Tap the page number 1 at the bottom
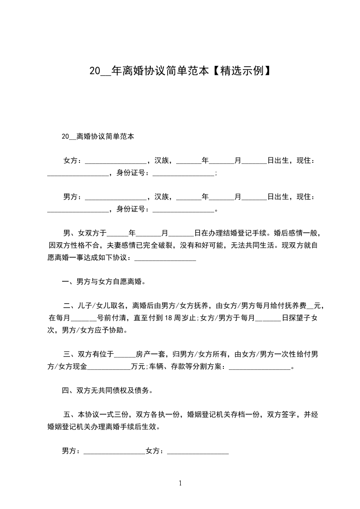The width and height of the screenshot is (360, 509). [x=180, y=483]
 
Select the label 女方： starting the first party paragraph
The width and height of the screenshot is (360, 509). [x=73, y=161]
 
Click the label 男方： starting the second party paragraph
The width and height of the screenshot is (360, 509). [x=73, y=197]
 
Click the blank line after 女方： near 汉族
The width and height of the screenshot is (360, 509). [x=116, y=162]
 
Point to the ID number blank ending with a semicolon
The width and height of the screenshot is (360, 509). [x=183, y=174]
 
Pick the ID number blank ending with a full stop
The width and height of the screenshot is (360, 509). [x=183, y=210]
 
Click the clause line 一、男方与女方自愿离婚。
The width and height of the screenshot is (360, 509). [x=104, y=282]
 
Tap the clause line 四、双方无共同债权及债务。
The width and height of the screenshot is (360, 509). [x=107, y=390]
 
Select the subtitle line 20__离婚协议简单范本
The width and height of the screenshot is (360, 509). [x=98, y=136]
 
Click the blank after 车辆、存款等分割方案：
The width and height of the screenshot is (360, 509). [x=259, y=367]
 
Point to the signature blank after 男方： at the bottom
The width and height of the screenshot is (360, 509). [x=114, y=452]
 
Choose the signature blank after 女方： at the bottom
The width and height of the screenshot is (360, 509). [x=198, y=452]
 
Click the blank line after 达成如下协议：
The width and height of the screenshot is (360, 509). [x=166, y=259]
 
